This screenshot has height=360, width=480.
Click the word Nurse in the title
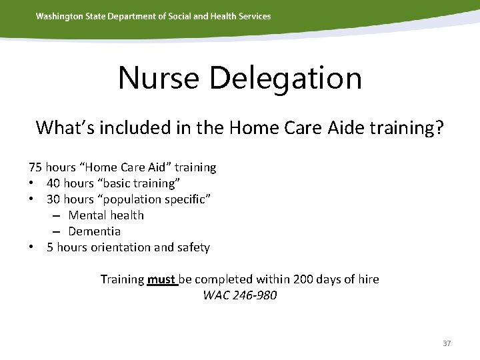(159, 78)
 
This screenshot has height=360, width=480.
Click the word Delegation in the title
(285, 78)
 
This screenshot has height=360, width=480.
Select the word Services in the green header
(253, 16)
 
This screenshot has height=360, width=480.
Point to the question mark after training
(438, 127)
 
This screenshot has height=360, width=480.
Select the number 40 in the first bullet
(53, 183)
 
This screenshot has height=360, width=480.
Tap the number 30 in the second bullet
(53, 199)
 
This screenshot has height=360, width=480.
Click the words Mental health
(106, 215)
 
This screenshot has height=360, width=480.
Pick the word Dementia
(95, 231)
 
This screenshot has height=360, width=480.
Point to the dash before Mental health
(57, 215)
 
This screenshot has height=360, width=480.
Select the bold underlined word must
(160, 279)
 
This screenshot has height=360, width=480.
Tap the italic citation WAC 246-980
(239, 295)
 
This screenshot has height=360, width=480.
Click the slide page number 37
(447, 343)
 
